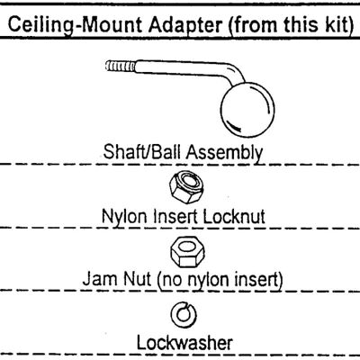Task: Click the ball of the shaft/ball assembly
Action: pos(247,110)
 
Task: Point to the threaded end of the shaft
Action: pos(120,66)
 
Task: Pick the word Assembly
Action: pos(225,152)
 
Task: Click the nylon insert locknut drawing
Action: pos(187,187)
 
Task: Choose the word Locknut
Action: pos(234,216)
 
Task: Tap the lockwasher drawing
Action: pos(184,315)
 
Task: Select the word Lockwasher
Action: pos(184,342)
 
